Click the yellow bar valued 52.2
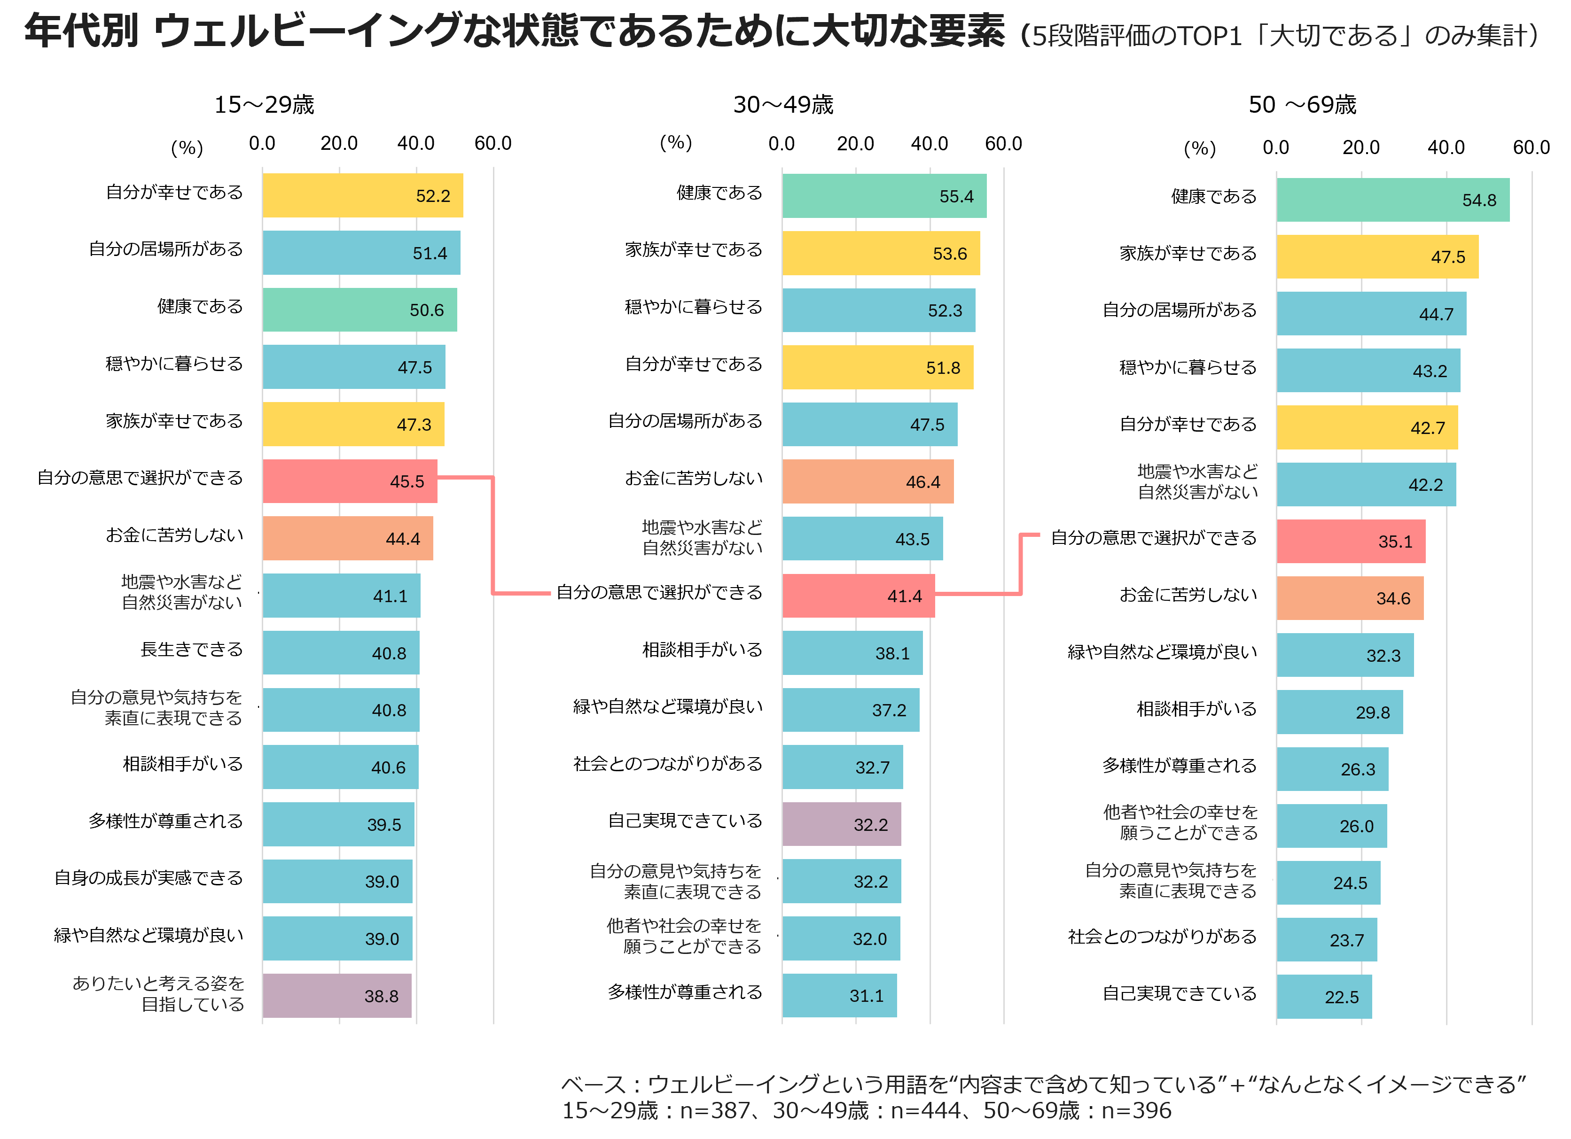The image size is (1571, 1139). (362, 195)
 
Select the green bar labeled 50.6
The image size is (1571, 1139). (360, 310)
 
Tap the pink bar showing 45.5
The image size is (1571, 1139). (350, 481)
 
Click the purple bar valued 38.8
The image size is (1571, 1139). (336, 996)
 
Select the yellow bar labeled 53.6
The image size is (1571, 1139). (880, 254)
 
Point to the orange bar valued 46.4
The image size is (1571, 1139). (867, 481)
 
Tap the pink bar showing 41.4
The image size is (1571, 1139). (858, 596)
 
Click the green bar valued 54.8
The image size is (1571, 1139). (1392, 200)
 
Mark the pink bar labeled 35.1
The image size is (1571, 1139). (1351, 542)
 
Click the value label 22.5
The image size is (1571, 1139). (1341, 997)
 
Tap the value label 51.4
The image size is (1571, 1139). (430, 254)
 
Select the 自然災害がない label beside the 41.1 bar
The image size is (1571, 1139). (181, 603)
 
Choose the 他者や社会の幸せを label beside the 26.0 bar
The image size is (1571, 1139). (1180, 812)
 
